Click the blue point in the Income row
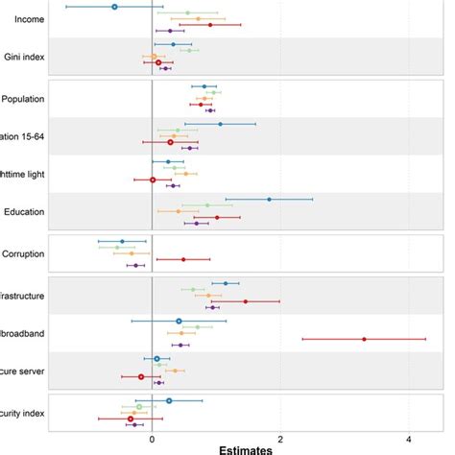(x=114, y=7)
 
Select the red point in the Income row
(x=210, y=25)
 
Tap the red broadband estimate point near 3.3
(x=364, y=339)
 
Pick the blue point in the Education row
(x=269, y=200)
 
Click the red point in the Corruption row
(x=183, y=259)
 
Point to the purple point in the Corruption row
(x=136, y=266)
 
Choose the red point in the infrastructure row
(x=245, y=301)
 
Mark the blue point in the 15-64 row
(x=220, y=124)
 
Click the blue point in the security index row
(x=169, y=401)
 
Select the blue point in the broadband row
(x=179, y=321)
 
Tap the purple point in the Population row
(x=210, y=110)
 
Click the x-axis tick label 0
(x=153, y=438)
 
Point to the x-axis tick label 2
(x=280, y=438)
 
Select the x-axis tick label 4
(x=408, y=438)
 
